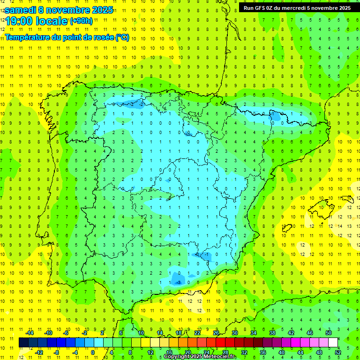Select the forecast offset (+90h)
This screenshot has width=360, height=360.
(x=81, y=21)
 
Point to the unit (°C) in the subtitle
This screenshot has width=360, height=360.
(x=122, y=37)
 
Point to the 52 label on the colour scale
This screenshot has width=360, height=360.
(x=338, y=352)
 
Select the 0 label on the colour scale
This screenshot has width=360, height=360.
(x=93, y=352)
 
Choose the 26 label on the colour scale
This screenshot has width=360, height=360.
(x=216, y=333)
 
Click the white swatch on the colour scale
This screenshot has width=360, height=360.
(x=333, y=343)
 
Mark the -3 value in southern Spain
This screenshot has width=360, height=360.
(x=178, y=282)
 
